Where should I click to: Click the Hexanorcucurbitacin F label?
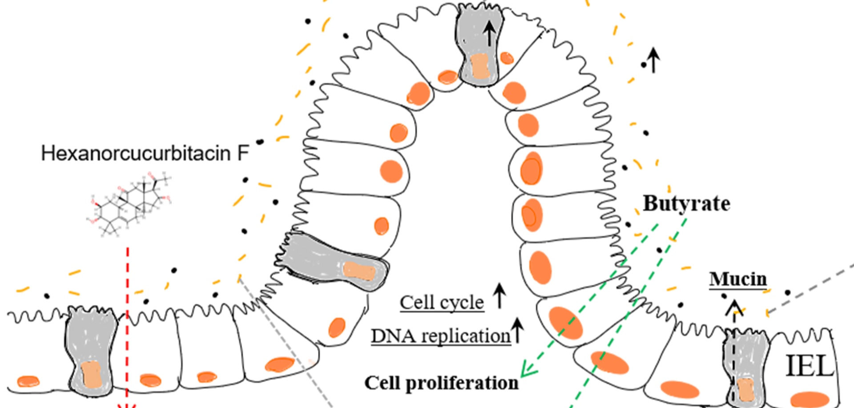(145, 154)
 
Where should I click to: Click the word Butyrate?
(686, 204)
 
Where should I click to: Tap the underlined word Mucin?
(738, 279)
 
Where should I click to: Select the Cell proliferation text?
(441, 383)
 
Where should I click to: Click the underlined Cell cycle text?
(442, 303)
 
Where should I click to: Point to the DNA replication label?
(441, 336)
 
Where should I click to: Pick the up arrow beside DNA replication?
(517, 330)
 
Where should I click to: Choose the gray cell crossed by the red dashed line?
(92, 351)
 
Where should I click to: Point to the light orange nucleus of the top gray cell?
(479, 66)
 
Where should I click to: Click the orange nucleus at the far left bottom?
(28, 381)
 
